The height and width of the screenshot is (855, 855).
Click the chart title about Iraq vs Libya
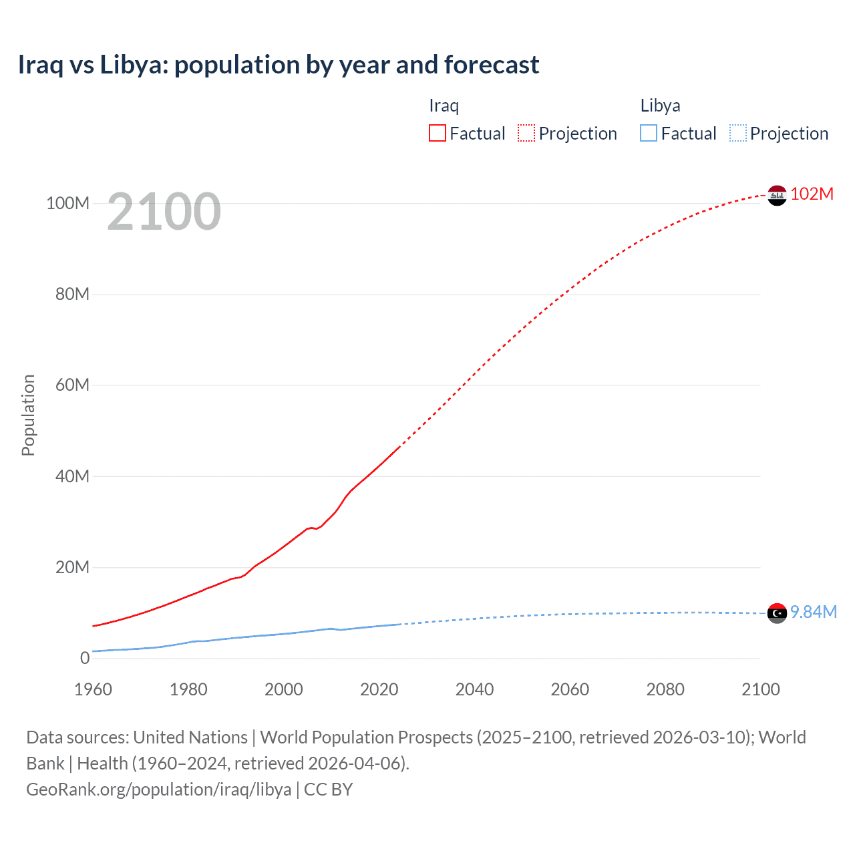278,65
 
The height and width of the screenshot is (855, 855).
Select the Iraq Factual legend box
437,133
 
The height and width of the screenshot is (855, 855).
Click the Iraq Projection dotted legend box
526,133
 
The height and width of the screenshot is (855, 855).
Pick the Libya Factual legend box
648,133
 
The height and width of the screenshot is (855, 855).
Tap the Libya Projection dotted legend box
737,133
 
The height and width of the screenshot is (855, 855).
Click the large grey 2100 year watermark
164,212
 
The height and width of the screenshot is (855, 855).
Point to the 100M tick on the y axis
67,203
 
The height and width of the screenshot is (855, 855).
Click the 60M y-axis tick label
71,385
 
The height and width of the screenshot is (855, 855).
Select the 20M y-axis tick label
71,567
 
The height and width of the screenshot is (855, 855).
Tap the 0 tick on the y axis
84,658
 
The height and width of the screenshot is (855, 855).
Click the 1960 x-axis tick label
93,689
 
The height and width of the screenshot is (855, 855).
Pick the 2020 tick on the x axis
379,689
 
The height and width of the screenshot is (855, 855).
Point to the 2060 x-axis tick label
570,689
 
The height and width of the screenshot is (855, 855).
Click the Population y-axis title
28,415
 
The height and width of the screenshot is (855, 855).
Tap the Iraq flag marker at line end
777,195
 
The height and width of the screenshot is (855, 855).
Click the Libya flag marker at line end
777,613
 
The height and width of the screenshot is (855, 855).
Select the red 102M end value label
812,194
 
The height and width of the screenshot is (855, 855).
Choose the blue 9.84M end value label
813,612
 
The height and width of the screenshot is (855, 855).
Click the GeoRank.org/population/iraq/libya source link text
159,790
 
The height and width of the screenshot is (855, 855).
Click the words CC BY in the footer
328,790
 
